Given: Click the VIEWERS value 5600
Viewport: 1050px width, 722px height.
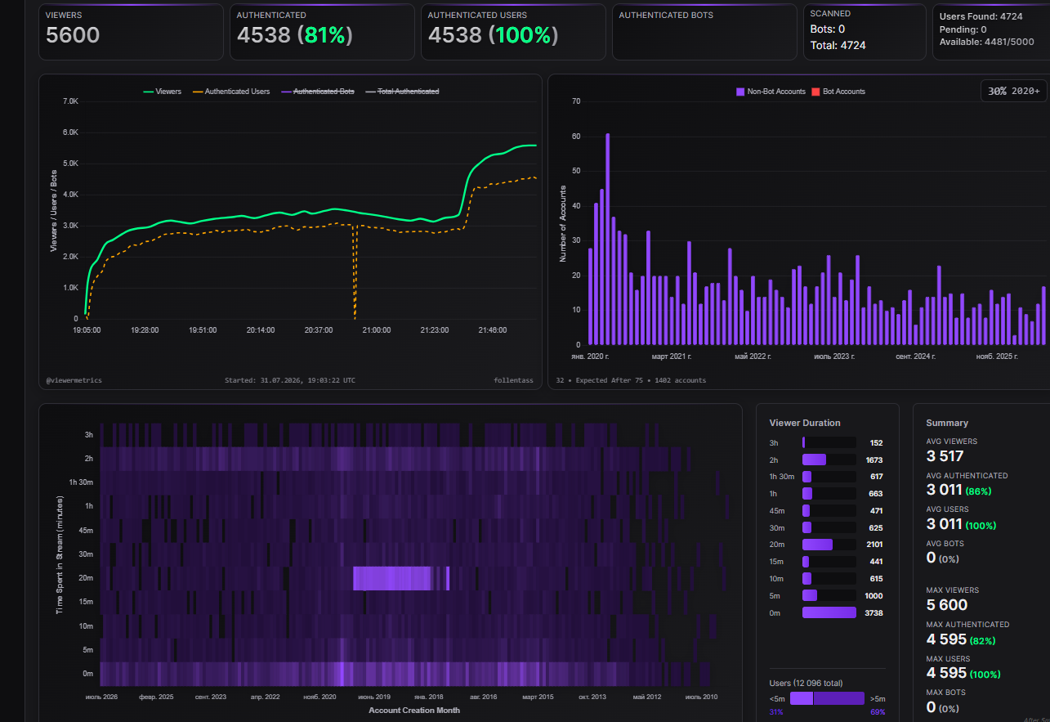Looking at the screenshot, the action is click(x=73, y=35).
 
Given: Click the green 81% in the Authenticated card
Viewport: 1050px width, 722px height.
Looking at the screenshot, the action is click(x=325, y=35).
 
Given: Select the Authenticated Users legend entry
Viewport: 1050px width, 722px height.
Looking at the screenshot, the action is click(x=231, y=92).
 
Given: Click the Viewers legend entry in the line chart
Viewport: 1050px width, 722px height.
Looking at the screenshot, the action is click(x=162, y=92).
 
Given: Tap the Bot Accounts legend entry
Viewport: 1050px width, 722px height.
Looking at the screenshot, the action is click(x=838, y=92).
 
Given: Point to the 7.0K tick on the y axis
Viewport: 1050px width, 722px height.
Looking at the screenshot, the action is click(x=70, y=101).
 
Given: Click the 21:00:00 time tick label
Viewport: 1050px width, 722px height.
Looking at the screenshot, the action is click(x=377, y=330).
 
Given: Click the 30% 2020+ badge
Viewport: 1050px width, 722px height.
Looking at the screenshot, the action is click(x=1014, y=91).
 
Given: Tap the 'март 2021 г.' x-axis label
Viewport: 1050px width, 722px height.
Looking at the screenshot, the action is click(x=671, y=357).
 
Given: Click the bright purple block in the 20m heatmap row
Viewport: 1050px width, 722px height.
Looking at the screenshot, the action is click(x=392, y=578).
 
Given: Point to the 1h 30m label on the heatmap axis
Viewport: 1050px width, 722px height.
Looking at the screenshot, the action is click(x=81, y=482).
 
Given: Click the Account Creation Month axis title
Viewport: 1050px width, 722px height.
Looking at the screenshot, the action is click(x=414, y=711).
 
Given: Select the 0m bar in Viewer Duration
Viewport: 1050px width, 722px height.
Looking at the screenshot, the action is click(x=829, y=612).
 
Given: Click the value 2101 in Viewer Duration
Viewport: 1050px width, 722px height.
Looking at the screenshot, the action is click(x=874, y=545).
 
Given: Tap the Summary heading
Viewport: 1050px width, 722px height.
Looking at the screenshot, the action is click(x=947, y=423).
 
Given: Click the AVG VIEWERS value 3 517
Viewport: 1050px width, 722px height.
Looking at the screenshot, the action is click(x=945, y=456).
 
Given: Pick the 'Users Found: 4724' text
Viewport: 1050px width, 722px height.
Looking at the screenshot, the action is click(x=981, y=16).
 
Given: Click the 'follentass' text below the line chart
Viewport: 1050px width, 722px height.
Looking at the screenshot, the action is click(x=513, y=380).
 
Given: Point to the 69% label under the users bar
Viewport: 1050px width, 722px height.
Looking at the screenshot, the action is click(x=878, y=712).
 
